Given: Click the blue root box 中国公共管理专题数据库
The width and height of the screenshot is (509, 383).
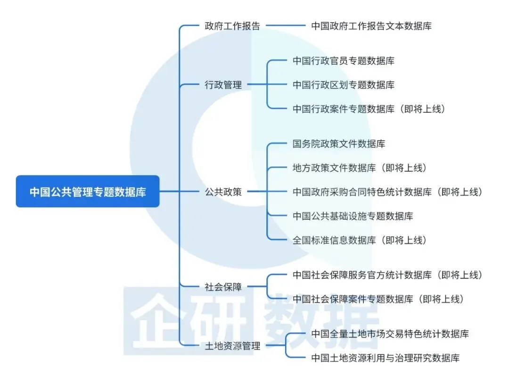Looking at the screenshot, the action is pos(88,191).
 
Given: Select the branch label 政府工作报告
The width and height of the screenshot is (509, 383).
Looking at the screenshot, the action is pos(232,25).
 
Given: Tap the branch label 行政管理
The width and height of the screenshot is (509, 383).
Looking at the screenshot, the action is pos(223,85).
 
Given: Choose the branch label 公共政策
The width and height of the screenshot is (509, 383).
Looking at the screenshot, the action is pos(223,191).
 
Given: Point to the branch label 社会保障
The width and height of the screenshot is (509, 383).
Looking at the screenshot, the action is pos(223,287).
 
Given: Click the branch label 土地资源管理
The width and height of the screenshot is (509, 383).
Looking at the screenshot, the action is pos(232,346).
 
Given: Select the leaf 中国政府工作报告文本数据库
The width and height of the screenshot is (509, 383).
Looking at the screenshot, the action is pos(371,25).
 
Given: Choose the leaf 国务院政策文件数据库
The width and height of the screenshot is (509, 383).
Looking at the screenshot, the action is pos(338,144).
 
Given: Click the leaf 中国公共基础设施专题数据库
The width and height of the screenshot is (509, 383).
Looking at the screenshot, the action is pos(353,216).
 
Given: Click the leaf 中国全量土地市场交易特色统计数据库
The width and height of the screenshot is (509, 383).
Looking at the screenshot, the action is pos(390,334).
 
